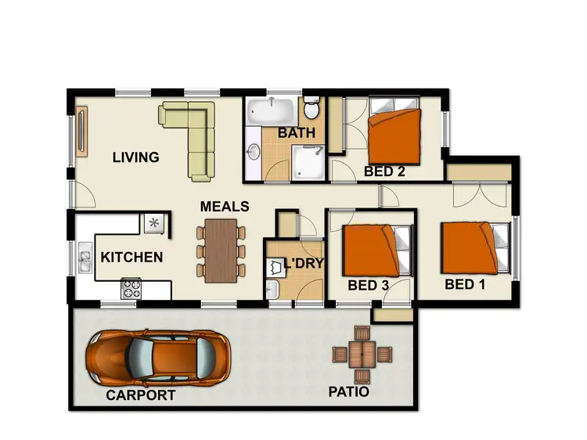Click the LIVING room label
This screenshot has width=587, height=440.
[x=135, y=157]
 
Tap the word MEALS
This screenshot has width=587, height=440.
[x=225, y=207]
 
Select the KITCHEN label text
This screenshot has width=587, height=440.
[x=131, y=257]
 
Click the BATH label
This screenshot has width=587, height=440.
[x=297, y=133]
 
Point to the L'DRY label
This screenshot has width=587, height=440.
[x=304, y=264]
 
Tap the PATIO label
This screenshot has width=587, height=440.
[x=348, y=391]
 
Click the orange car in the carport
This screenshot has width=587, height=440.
[x=158, y=357]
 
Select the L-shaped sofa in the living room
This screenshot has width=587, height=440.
[x=196, y=133]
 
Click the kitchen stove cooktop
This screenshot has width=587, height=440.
[x=130, y=288]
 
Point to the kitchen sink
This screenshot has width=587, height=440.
[x=84, y=258]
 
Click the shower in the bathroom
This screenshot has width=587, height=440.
[x=305, y=162]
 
